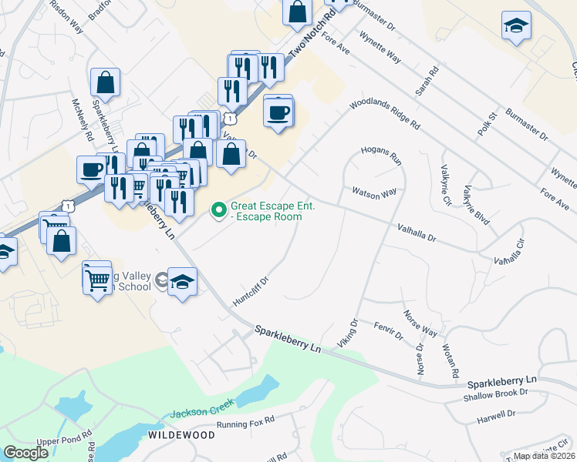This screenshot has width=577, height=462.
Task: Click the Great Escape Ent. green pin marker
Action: click(218, 209)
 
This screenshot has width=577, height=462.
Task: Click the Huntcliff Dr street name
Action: click(249, 290)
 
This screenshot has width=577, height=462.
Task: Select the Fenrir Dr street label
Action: click(388, 331)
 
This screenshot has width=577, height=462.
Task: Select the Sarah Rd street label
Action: click(427, 80)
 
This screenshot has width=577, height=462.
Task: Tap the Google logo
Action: click(25, 452)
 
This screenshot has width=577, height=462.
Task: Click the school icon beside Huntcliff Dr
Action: click(182, 282)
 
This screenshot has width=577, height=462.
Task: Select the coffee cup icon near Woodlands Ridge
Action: click(278, 112)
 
